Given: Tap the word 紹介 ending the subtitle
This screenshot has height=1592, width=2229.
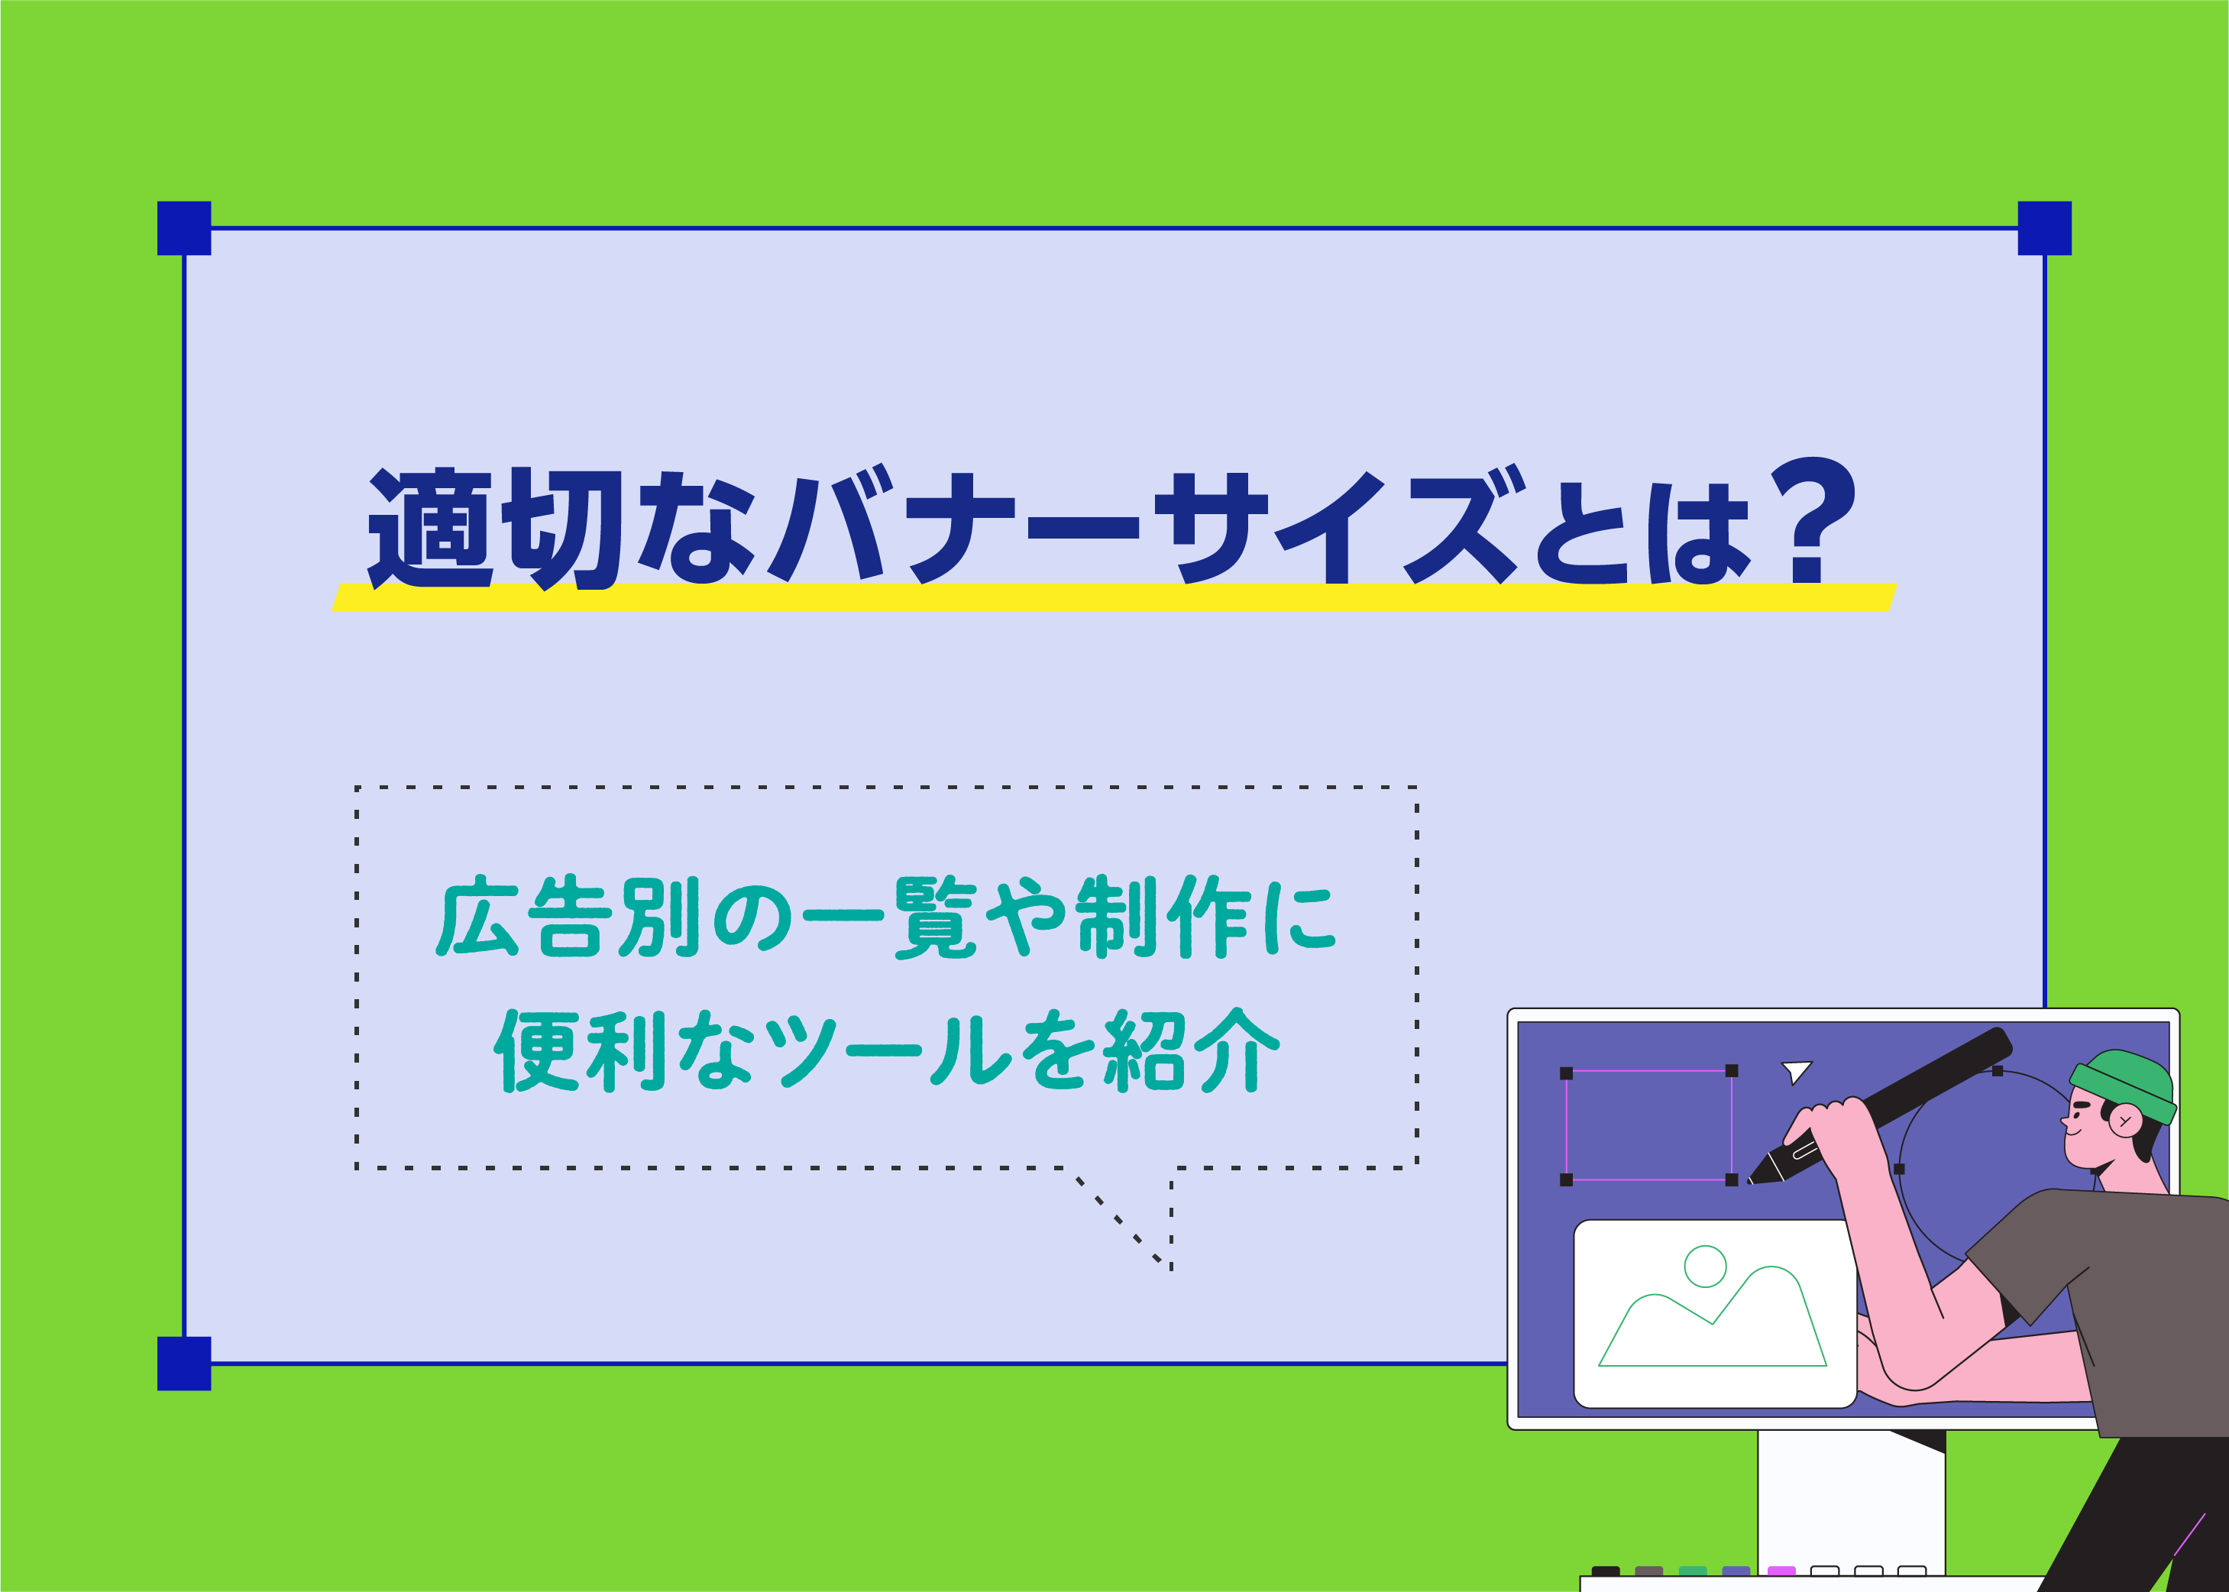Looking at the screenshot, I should click(1191, 1051).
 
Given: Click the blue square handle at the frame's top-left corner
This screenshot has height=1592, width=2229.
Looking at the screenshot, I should click(184, 228).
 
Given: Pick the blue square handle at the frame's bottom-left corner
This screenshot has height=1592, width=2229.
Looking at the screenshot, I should click(184, 1363).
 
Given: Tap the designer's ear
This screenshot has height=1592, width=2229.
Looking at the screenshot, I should click(2125, 1119).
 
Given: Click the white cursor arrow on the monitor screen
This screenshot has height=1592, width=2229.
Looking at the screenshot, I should click(1796, 1070).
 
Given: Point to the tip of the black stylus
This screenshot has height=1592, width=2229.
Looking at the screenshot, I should click(1752, 1180).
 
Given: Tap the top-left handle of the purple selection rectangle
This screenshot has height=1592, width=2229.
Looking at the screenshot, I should click(1567, 1073).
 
